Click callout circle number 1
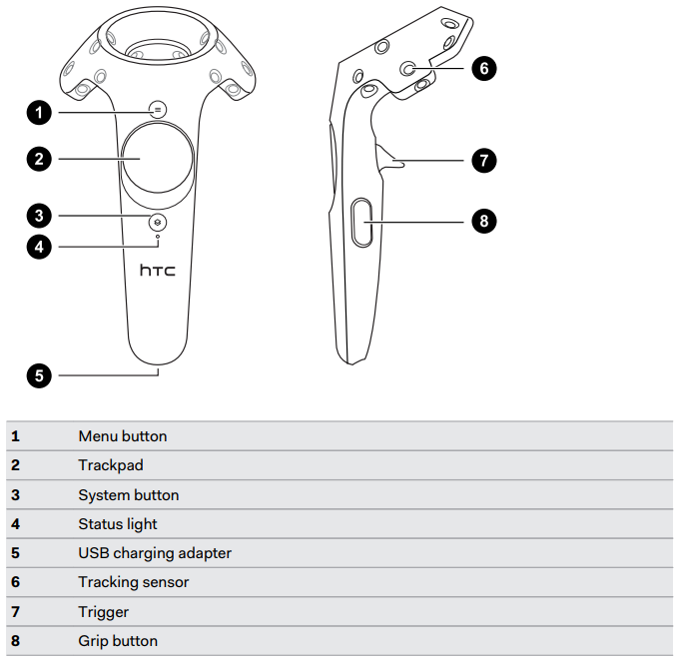tap(39, 112)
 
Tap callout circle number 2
tap(39, 158)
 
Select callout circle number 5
tap(39, 375)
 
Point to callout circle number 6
tap(483, 68)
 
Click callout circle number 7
tap(483, 160)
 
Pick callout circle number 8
tap(483, 222)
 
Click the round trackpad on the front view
tap(158, 159)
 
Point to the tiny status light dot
tap(158, 239)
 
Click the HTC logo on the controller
tap(157, 271)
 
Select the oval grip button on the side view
tap(362, 221)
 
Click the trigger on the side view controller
tap(392, 157)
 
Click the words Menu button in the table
tap(123, 436)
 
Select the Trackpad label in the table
tap(110, 465)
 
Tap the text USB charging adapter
tap(155, 553)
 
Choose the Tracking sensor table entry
tap(134, 582)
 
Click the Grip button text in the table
tap(118, 641)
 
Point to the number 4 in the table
tap(16, 524)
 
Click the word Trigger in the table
tap(104, 612)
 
